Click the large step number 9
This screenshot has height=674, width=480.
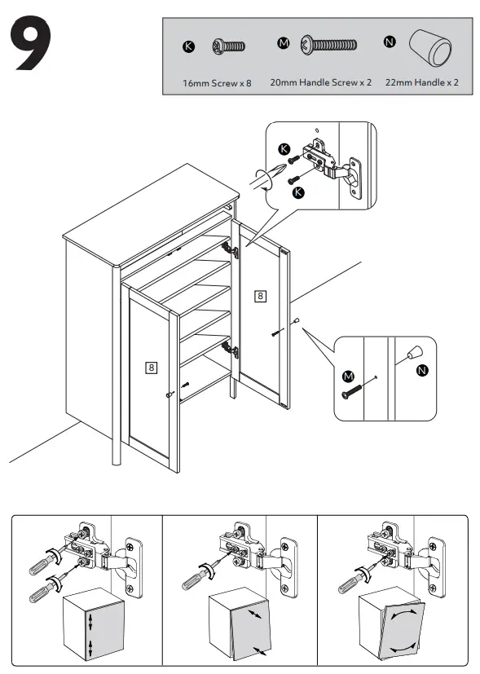click(x=31, y=43)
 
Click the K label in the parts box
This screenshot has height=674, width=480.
click(x=188, y=46)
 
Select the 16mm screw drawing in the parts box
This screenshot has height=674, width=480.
click(x=229, y=46)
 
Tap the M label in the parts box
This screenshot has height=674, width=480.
click(x=283, y=43)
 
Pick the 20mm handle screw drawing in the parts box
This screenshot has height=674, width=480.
click(x=328, y=44)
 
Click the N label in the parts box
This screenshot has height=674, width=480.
click(x=390, y=42)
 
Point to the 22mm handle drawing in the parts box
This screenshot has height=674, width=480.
click(x=429, y=49)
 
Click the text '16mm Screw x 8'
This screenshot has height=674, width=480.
click(x=217, y=83)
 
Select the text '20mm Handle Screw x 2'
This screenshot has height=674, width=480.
click(x=320, y=82)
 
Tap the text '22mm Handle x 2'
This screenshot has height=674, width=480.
click(x=421, y=82)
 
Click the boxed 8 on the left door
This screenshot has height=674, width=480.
click(x=151, y=368)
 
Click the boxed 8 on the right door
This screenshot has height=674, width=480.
click(x=261, y=296)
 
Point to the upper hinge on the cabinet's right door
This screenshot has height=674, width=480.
click(x=231, y=249)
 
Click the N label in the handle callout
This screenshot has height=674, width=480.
click(x=422, y=370)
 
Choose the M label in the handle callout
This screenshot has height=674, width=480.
click(x=348, y=377)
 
